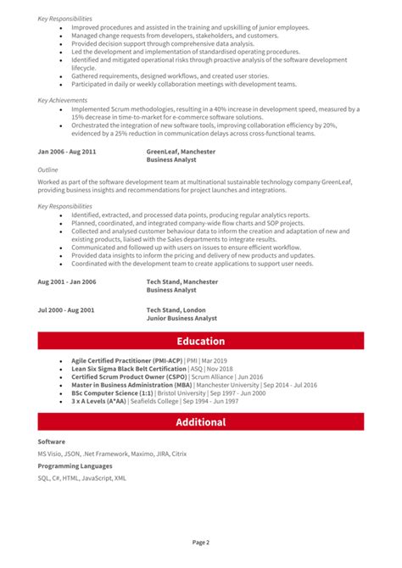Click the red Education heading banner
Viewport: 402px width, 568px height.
(x=201, y=342)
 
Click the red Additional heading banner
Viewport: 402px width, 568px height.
(x=201, y=422)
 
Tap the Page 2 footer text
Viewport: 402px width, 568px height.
(x=201, y=543)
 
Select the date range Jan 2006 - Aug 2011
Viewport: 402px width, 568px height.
(x=67, y=152)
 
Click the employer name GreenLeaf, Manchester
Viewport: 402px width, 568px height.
(x=181, y=152)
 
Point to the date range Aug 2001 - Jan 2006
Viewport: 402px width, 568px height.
(x=67, y=281)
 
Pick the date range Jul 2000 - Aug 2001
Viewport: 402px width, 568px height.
(x=67, y=311)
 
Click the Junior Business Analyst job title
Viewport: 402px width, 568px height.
(x=181, y=319)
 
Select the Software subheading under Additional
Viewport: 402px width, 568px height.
(x=51, y=442)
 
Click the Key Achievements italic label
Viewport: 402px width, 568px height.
(x=61, y=100)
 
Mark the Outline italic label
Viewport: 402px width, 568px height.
(x=48, y=169)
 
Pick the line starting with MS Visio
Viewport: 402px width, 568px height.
(x=112, y=454)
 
